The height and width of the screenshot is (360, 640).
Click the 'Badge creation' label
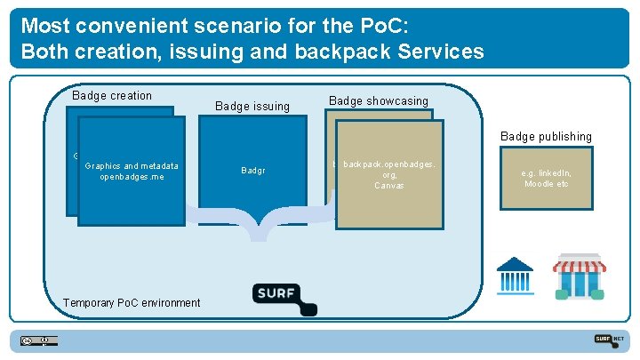point(112,96)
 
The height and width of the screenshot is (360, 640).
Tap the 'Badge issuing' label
point(252,107)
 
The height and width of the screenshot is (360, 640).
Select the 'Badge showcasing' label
point(379,101)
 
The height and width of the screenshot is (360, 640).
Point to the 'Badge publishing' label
point(546,137)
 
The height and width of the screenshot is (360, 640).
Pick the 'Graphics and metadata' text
point(132,165)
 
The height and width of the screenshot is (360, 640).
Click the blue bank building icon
point(515,275)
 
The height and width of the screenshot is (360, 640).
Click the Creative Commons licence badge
point(40,340)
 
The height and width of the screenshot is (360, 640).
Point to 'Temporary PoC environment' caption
point(132,303)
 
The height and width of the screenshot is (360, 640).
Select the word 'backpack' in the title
point(348,51)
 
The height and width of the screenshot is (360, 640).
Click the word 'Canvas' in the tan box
point(389,186)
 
